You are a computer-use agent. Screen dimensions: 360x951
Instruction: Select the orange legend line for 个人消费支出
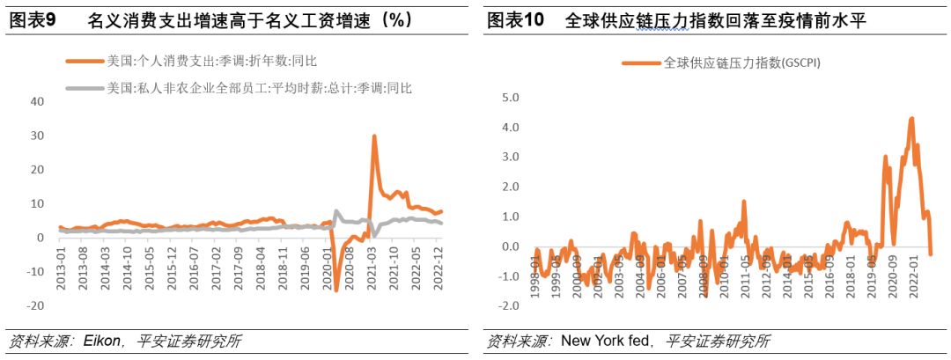click(84, 61)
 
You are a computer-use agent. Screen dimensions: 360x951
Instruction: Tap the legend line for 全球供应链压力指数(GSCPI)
click(642, 62)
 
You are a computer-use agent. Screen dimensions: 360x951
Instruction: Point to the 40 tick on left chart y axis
click(37, 101)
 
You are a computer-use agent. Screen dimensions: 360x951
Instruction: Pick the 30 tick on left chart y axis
click(37, 136)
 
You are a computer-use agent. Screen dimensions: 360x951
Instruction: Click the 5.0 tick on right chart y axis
click(511, 98)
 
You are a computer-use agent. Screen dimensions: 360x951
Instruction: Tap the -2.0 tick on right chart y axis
click(508, 305)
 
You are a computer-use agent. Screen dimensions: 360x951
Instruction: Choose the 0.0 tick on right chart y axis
click(511, 246)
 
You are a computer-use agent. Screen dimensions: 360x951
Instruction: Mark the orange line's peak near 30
click(374, 136)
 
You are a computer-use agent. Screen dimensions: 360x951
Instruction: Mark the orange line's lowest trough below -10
click(335, 290)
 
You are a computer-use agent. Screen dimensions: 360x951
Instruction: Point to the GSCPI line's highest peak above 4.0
click(911, 118)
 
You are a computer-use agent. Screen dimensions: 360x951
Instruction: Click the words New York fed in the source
click(607, 342)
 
